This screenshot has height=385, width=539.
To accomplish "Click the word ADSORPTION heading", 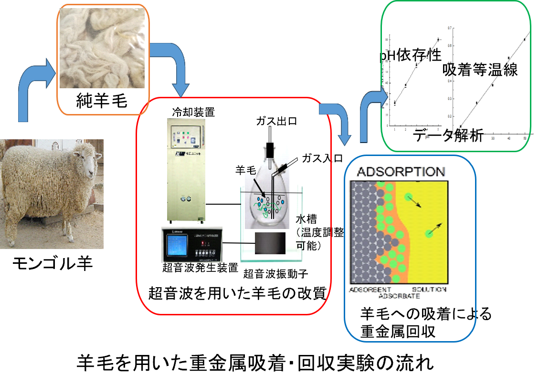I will (x=400, y=172).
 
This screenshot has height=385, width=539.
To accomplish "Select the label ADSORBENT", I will (x=370, y=290).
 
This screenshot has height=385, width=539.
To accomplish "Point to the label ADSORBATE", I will (x=399, y=296).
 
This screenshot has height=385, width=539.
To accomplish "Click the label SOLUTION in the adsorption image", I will (x=429, y=290).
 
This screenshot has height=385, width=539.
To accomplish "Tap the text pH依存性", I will (x=411, y=56).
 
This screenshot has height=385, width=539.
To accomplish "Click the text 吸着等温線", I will (x=480, y=70).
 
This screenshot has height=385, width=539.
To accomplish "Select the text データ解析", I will (x=448, y=135).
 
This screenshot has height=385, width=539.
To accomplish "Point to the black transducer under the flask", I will (x=270, y=243).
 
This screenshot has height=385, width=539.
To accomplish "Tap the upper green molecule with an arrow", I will (x=408, y=197).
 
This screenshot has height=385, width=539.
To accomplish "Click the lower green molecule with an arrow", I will (x=429, y=233).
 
